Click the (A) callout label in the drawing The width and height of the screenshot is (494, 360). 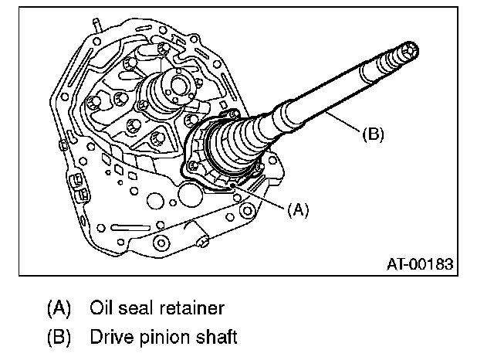[298, 209]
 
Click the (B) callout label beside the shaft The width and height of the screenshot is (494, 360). [373, 133]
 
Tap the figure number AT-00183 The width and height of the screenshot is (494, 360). [419, 264]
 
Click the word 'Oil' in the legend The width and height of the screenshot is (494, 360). [103, 308]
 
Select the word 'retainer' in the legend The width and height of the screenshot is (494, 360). [191, 308]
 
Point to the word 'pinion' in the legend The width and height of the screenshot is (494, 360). [166, 338]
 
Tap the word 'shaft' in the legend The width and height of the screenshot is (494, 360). [217, 338]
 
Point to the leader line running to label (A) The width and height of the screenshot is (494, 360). [262, 197]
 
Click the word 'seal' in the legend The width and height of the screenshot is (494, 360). [140, 308]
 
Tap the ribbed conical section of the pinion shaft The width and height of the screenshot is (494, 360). [239, 143]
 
